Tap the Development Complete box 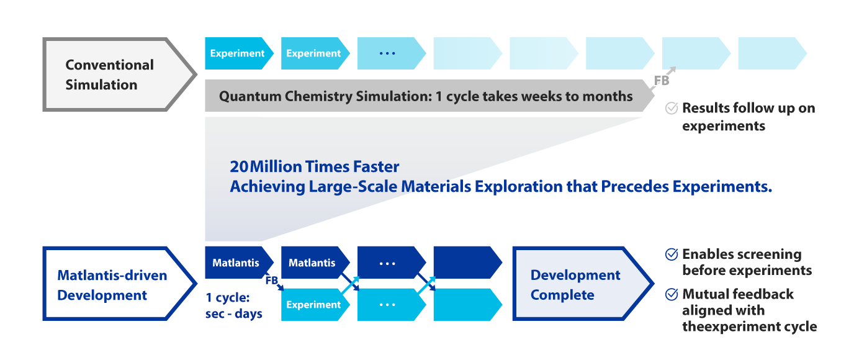pyautogui.click(x=583, y=284)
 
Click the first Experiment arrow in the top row pyautogui.click(x=239, y=53)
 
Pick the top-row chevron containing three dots pyautogui.click(x=392, y=53)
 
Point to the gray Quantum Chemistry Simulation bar pyautogui.click(x=429, y=96)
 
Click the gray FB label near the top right pyautogui.click(x=662, y=81)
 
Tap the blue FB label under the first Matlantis pyautogui.click(x=271, y=281)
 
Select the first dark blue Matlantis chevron pyautogui.click(x=239, y=263)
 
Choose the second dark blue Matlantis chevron pyautogui.click(x=315, y=263)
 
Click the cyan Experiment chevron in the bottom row pyautogui.click(x=315, y=305)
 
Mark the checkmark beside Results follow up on pyautogui.click(x=672, y=108)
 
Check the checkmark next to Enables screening pyautogui.click(x=672, y=254)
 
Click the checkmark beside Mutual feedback pyautogui.click(x=672, y=294)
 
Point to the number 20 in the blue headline pyautogui.click(x=239, y=166)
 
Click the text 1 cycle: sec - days pyautogui.click(x=234, y=305)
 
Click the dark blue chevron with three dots pyautogui.click(x=392, y=263)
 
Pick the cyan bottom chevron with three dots pyautogui.click(x=392, y=305)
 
